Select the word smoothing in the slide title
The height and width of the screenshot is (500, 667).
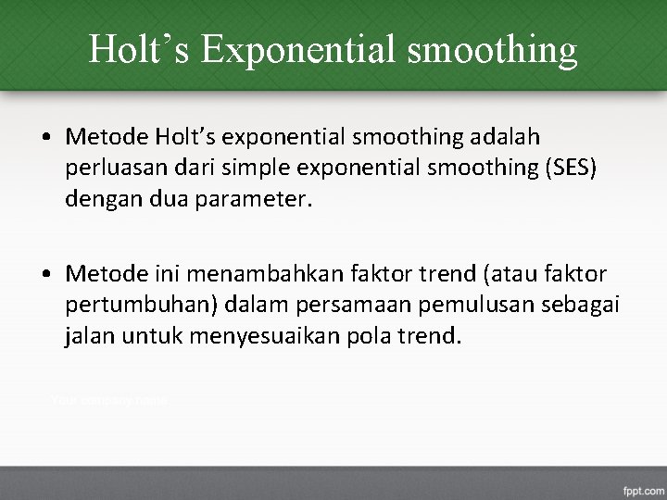point(491,48)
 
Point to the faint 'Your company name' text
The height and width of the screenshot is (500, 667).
point(108,400)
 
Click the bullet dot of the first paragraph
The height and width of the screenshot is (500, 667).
point(45,138)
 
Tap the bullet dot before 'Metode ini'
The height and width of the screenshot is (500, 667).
point(45,275)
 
